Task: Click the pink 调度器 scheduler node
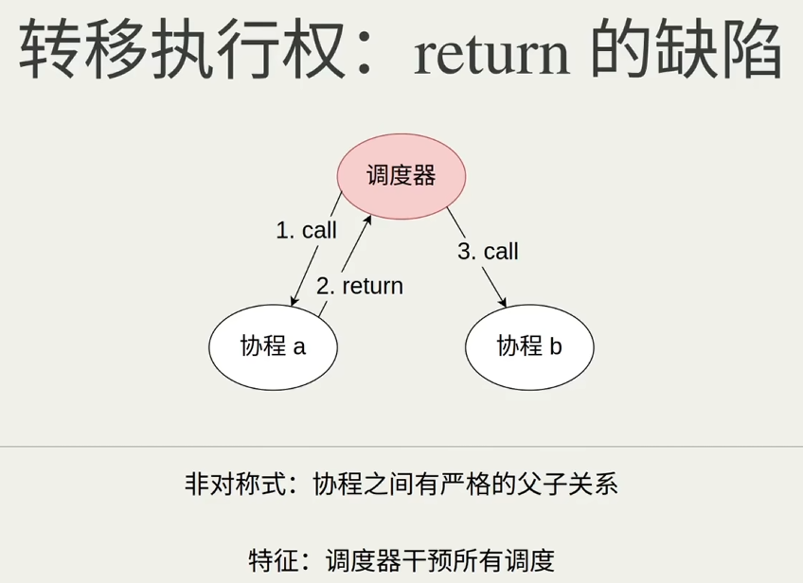click(401, 176)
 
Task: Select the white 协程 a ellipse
click(273, 346)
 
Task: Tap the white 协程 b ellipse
click(529, 346)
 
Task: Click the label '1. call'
click(306, 230)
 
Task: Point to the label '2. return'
click(360, 286)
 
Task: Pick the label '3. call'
click(488, 251)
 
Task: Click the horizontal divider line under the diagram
click(401, 447)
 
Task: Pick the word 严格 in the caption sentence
click(469, 486)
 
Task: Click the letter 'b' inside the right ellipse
click(556, 346)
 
